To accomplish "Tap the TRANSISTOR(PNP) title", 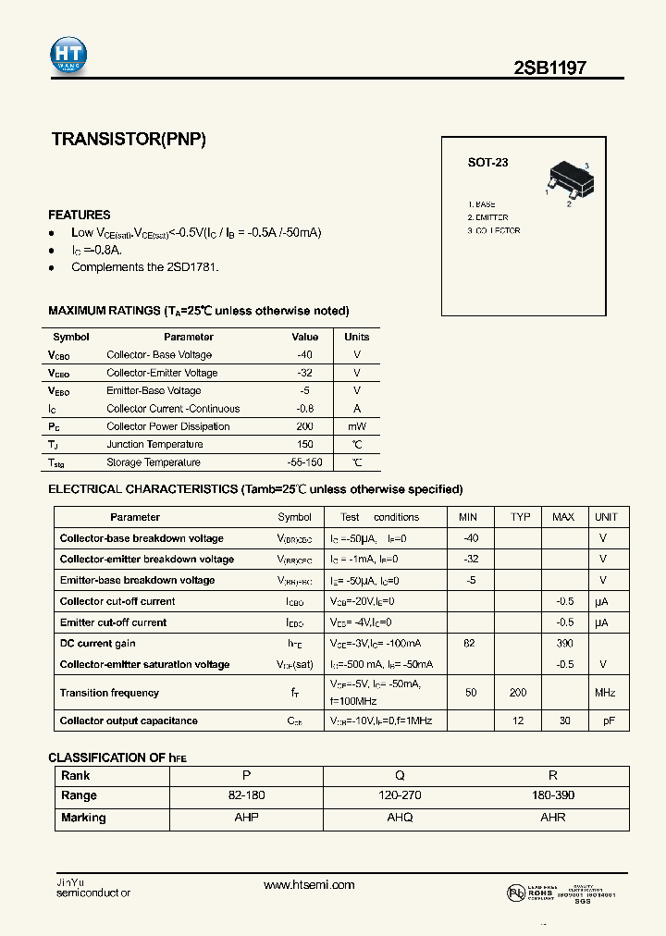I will pyautogui.click(x=129, y=140).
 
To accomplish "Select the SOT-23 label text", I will pyautogui.click(x=487, y=163).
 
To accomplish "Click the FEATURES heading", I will pyautogui.click(x=80, y=215).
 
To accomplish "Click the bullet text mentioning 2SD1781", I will pyautogui.click(x=145, y=267).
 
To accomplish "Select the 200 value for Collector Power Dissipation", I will pyautogui.click(x=304, y=426).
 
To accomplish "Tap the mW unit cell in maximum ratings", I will pyautogui.click(x=356, y=426).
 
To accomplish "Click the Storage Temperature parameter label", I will pyautogui.click(x=154, y=462).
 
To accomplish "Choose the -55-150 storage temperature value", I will pyautogui.click(x=304, y=462).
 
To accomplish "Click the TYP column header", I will pyautogui.click(x=521, y=517).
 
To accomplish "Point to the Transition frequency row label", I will pyautogui.click(x=109, y=693).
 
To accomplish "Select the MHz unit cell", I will pyautogui.click(x=606, y=693).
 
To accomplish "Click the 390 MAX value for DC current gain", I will pyautogui.click(x=564, y=643).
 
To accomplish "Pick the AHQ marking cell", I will pyautogui.click(x=400, y=818).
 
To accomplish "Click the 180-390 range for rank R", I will pyautogui.click(x=553, y=795).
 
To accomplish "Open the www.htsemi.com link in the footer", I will pyautogui.click(x=309, y=885).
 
